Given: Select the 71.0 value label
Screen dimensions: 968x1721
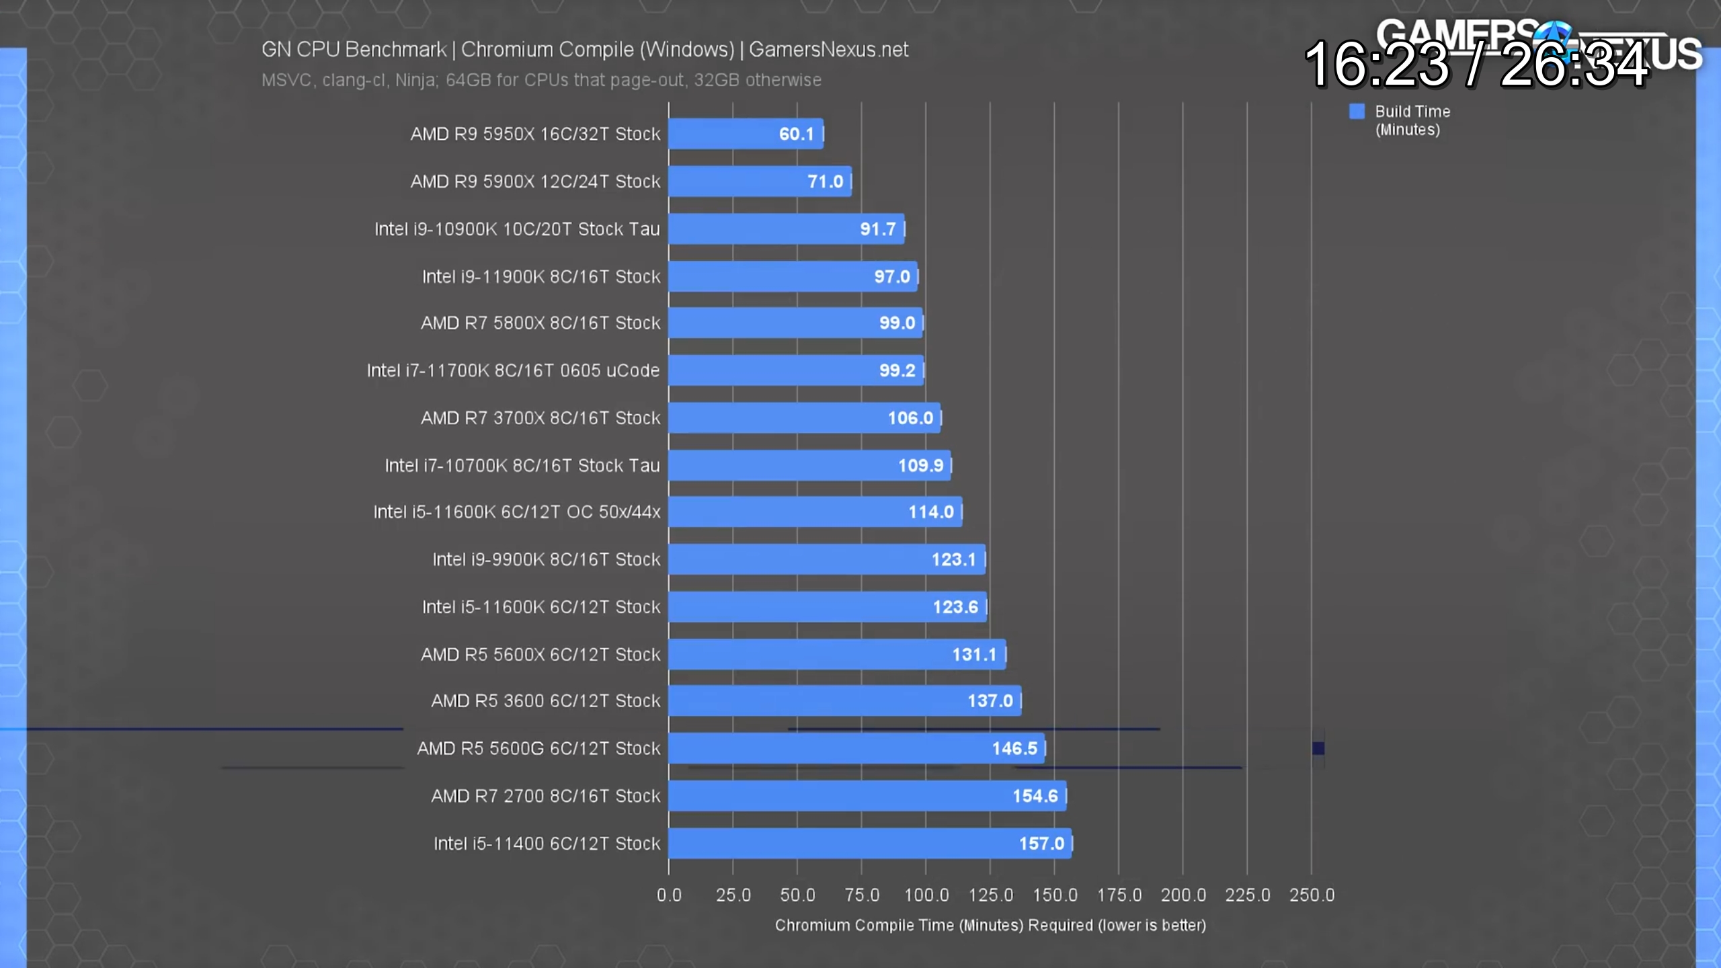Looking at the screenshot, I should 825,182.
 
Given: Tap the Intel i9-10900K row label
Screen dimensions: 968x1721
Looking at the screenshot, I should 517,229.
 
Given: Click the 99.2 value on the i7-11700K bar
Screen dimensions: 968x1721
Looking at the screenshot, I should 897,370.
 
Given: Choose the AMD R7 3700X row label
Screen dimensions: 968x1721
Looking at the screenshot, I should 541,418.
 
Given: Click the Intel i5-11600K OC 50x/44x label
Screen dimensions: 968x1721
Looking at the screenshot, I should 517,512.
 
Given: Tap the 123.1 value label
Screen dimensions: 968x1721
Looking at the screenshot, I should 953,559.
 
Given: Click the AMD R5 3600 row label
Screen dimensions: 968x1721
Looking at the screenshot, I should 546,701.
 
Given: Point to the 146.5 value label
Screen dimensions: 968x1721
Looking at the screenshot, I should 1014,748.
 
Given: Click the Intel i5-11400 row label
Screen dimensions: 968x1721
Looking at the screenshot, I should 547,844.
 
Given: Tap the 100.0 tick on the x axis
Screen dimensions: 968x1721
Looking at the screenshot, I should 926,895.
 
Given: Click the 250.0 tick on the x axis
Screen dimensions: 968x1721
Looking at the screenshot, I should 1312,895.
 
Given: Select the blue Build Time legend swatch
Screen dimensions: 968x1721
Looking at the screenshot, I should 1357,112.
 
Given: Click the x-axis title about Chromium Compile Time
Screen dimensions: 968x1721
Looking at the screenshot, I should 990,926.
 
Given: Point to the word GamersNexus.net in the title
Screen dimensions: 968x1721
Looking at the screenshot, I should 828,50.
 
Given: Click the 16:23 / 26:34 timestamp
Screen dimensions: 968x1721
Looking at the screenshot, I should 1476,65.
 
